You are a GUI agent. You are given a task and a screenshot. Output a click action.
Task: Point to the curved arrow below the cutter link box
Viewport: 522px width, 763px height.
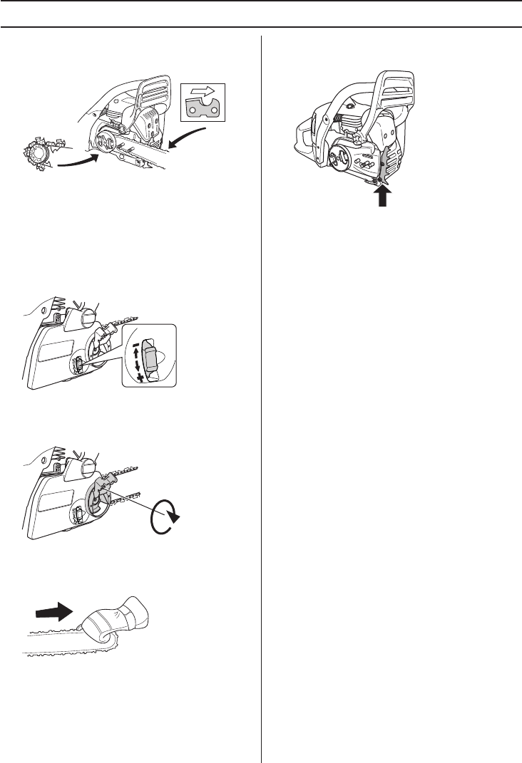pos(190,140)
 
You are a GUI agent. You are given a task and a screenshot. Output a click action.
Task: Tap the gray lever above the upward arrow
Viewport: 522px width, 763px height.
pos(387,160)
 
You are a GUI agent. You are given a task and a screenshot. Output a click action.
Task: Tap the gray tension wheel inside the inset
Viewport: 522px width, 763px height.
pos(150,358)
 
